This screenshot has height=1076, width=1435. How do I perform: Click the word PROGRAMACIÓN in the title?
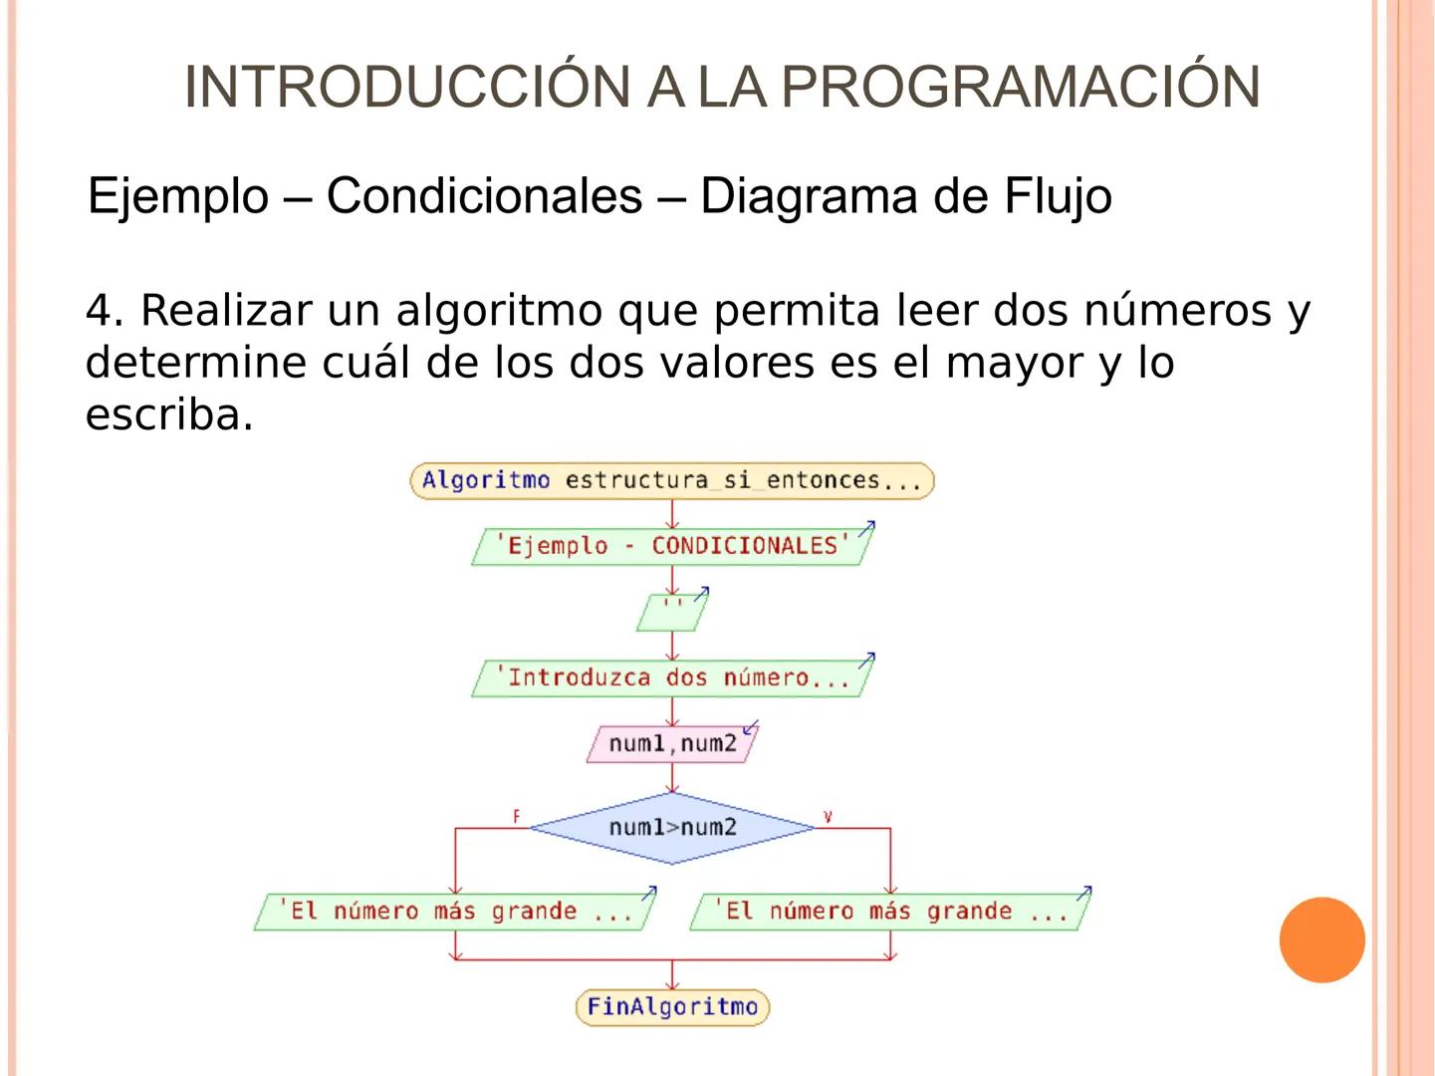click(x=1021, y=87)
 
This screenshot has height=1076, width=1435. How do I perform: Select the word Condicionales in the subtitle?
click(x=484, y=195)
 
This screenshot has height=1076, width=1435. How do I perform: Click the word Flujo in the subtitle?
click(x=1058, y=196)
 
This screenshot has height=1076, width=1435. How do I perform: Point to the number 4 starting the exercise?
click(x=100, y=311)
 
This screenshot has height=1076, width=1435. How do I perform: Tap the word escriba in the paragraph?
click(x=164, y=414)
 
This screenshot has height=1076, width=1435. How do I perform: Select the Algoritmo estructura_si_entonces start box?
click(x=672, y=480)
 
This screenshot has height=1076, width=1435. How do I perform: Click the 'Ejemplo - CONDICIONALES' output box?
click(x=672, y=546)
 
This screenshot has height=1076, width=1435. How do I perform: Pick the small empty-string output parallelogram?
click(x=672, y=613)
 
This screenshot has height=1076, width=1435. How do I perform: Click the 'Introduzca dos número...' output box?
click(x=672, y=678)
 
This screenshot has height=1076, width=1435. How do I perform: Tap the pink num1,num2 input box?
click(x=672, y=744)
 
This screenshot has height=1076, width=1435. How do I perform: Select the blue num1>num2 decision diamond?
click(x=672, y=827)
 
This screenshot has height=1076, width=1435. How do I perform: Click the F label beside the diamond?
click(x=516, y=817)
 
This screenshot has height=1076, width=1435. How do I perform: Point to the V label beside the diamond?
click(x=828, y=817)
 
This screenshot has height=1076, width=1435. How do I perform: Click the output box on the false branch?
click(x=454, y=912)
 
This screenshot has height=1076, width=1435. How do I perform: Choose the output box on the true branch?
click(x=889, y=912)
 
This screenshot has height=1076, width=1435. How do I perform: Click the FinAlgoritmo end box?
click(x=672, y=1006)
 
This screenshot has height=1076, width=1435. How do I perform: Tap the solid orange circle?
click(x=1321, y=940)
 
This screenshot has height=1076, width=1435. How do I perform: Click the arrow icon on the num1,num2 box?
click(x=751, y=727)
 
